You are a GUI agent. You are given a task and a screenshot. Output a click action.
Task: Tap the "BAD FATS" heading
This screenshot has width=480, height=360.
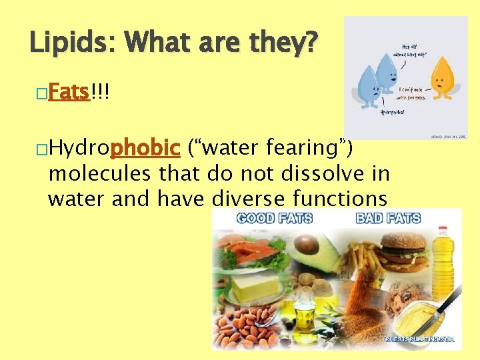(x=389, y=218)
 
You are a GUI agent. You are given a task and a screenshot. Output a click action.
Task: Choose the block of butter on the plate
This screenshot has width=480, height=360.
(x=256, y=287)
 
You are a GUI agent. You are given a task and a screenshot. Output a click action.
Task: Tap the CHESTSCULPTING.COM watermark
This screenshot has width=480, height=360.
(x=419, y=339)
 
